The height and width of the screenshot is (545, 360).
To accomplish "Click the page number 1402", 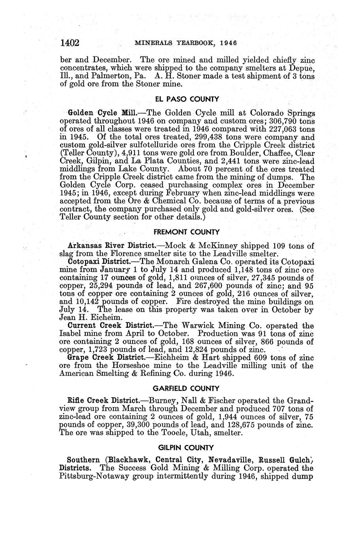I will coord(70,42).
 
